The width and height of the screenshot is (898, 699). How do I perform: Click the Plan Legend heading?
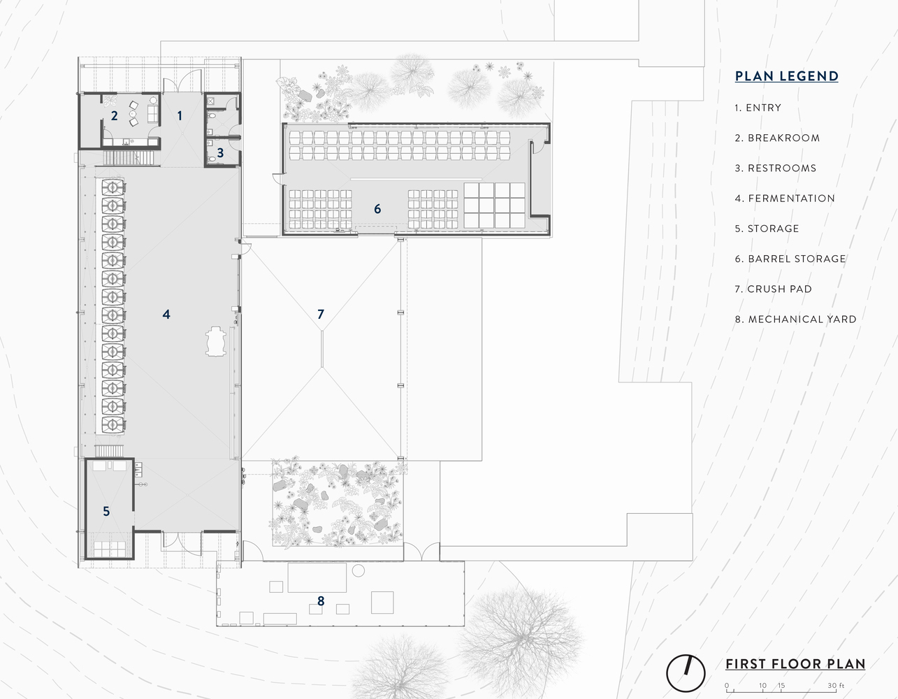tap(786, 76)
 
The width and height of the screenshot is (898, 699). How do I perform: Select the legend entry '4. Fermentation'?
tap(785, 199)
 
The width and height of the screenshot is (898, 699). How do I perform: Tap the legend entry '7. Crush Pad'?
tap(773, 289)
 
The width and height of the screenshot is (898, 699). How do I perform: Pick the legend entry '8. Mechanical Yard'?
tap(795, 319)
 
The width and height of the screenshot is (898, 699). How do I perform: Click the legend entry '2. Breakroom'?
tap(777, 138)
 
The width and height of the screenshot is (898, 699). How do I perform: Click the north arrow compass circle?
tap(686, 673)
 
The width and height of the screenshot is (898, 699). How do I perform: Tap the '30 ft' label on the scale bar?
tap(836, 685)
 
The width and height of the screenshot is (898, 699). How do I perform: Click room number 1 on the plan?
tap(180, 116)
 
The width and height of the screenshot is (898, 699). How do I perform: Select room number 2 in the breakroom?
tap(115, 116)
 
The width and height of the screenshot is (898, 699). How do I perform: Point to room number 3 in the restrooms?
tap(220, 153)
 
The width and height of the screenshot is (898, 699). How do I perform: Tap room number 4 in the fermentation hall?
tap(166, 315)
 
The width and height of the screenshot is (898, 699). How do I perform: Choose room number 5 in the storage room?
tap(106, 512)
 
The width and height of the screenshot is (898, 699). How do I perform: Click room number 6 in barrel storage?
tap(377, 209)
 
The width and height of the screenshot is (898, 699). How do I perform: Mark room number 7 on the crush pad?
tap(321, 315)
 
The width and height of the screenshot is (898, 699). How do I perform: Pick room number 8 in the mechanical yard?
tap(321, 601)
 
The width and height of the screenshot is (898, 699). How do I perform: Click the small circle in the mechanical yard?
tap(359, 571)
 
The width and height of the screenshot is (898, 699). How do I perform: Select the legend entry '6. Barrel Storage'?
tap(790, 259)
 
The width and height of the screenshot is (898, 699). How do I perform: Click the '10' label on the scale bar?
tap(762, 685)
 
